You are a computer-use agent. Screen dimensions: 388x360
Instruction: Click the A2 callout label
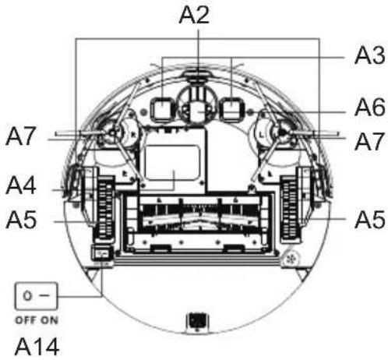pos(194,15)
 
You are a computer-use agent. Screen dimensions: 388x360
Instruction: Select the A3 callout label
pos(369,55)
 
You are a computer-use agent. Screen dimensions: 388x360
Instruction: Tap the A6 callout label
pos(369,108)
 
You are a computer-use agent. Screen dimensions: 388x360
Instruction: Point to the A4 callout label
pos(21,185)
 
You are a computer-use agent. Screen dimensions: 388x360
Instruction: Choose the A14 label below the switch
pos(37,347)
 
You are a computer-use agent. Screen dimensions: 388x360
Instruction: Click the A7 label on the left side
pos(20,136)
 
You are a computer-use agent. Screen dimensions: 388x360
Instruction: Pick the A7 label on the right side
pos(369,142)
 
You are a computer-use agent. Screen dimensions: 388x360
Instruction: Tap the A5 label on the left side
pos(21,220)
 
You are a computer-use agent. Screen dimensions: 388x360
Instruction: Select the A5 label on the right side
pos(370,220)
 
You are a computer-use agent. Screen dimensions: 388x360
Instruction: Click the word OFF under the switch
pos(26,320)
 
